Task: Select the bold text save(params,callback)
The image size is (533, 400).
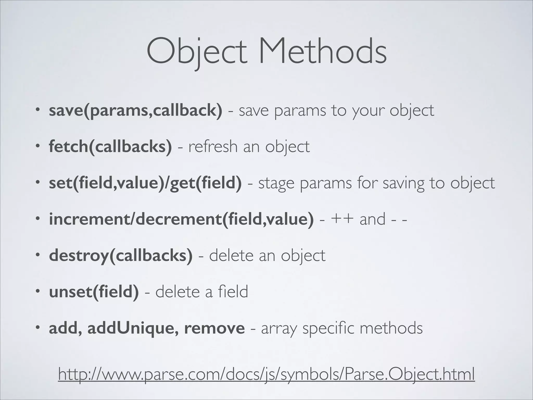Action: [136, 110]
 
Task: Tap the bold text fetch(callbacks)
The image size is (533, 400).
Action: [110, 146]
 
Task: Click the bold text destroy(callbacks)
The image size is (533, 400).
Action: [121, 255]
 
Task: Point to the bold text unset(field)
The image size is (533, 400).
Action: [94, 291]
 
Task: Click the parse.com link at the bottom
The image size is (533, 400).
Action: [266, 374]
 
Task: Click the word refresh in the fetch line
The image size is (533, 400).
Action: [213, 146]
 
